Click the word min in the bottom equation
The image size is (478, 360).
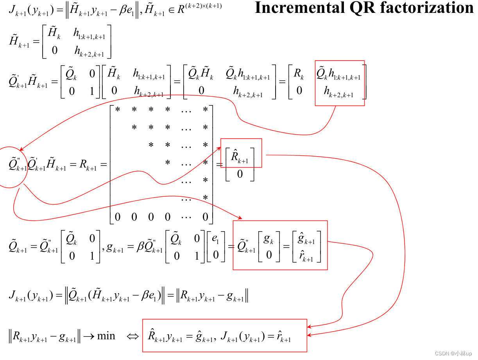click(106, 336)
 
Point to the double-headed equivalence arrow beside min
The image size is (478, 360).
click(133, 336)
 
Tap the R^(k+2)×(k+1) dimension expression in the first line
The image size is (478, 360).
click(199, 8)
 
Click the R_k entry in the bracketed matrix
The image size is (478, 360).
click(299, 73)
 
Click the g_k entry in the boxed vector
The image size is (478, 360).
click(269, 240)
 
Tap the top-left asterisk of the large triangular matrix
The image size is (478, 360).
click(117, 110)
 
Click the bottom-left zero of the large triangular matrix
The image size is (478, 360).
click(117, 217)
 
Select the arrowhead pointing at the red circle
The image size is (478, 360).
click(21, 149)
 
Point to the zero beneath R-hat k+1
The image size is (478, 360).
click(240, 174)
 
